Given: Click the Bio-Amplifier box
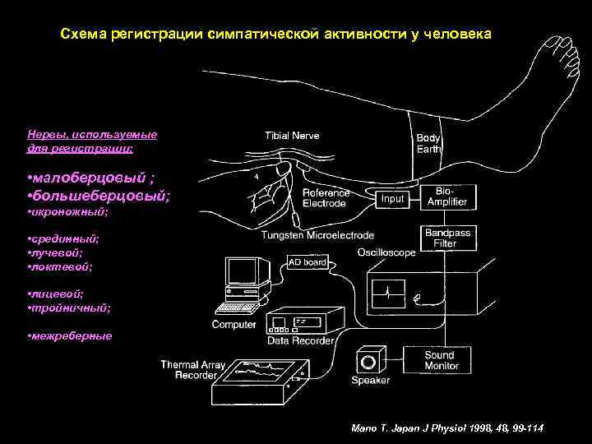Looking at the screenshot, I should point(447,197).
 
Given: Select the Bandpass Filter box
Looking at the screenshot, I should point(447,238).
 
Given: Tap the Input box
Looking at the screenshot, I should point(393,198).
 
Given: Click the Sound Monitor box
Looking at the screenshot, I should point(439,360).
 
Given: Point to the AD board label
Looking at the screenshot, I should point(307,262).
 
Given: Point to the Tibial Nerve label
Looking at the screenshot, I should point(292,136).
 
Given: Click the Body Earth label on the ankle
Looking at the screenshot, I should point(428,144).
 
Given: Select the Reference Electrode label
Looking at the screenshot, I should point(326,197).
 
